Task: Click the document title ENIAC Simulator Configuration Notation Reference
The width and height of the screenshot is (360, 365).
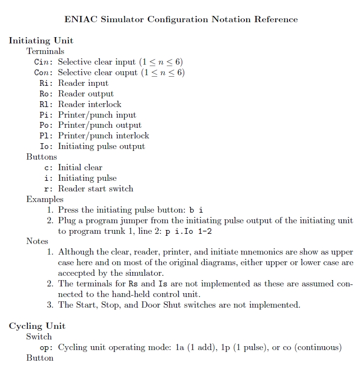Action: (181, 20)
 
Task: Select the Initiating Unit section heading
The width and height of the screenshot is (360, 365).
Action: (41, 41)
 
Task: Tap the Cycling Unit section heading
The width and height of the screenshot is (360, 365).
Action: (37, 326)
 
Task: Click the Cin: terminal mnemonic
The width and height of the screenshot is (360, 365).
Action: (44, 62)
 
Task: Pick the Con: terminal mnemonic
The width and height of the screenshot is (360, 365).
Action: (44, 73)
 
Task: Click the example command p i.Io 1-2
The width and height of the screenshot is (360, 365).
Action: (186, 231)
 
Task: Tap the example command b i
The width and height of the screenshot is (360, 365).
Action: (196, 210)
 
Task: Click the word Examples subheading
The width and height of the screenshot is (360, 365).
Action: (45, 199)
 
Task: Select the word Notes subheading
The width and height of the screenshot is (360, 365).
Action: (37, 241)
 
